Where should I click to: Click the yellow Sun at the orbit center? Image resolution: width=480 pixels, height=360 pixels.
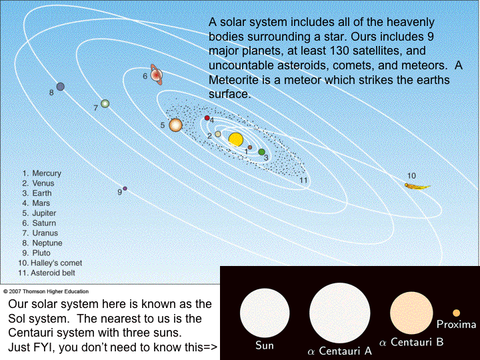click(x=235, y=139)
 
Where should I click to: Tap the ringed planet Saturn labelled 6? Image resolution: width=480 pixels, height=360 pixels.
click(x=157, y=75)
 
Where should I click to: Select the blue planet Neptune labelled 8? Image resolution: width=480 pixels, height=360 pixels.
click(x=61, y=87)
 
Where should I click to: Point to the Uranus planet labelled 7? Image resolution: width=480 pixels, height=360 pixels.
click(x=105, y=104)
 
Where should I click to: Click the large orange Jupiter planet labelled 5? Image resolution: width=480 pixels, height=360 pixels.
click(x=176, y=125)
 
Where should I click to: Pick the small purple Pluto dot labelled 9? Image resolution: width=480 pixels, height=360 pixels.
click(x=125, y=189)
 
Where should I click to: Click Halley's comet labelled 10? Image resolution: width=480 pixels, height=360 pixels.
click(x=417, y=185)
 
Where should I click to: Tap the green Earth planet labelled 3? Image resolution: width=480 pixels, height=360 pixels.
click(x=262, y=152)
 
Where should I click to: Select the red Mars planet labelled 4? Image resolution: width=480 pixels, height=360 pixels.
click(x=207, y=118)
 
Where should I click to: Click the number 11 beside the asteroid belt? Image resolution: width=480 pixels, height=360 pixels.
click(x=303, y=180)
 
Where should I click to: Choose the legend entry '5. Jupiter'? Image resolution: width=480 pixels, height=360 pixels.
click(x=40, y=213)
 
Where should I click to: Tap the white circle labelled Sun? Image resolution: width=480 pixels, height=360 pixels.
click(x=265, y=313)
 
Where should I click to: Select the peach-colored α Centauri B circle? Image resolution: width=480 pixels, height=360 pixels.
click(x=413, y=313)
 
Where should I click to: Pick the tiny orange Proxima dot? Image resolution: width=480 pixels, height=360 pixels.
click(x=456, y=313)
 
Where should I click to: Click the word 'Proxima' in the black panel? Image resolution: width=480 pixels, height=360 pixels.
click(x=456, y=325)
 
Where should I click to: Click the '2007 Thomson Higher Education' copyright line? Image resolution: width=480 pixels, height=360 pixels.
click(x=46, y=291)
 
